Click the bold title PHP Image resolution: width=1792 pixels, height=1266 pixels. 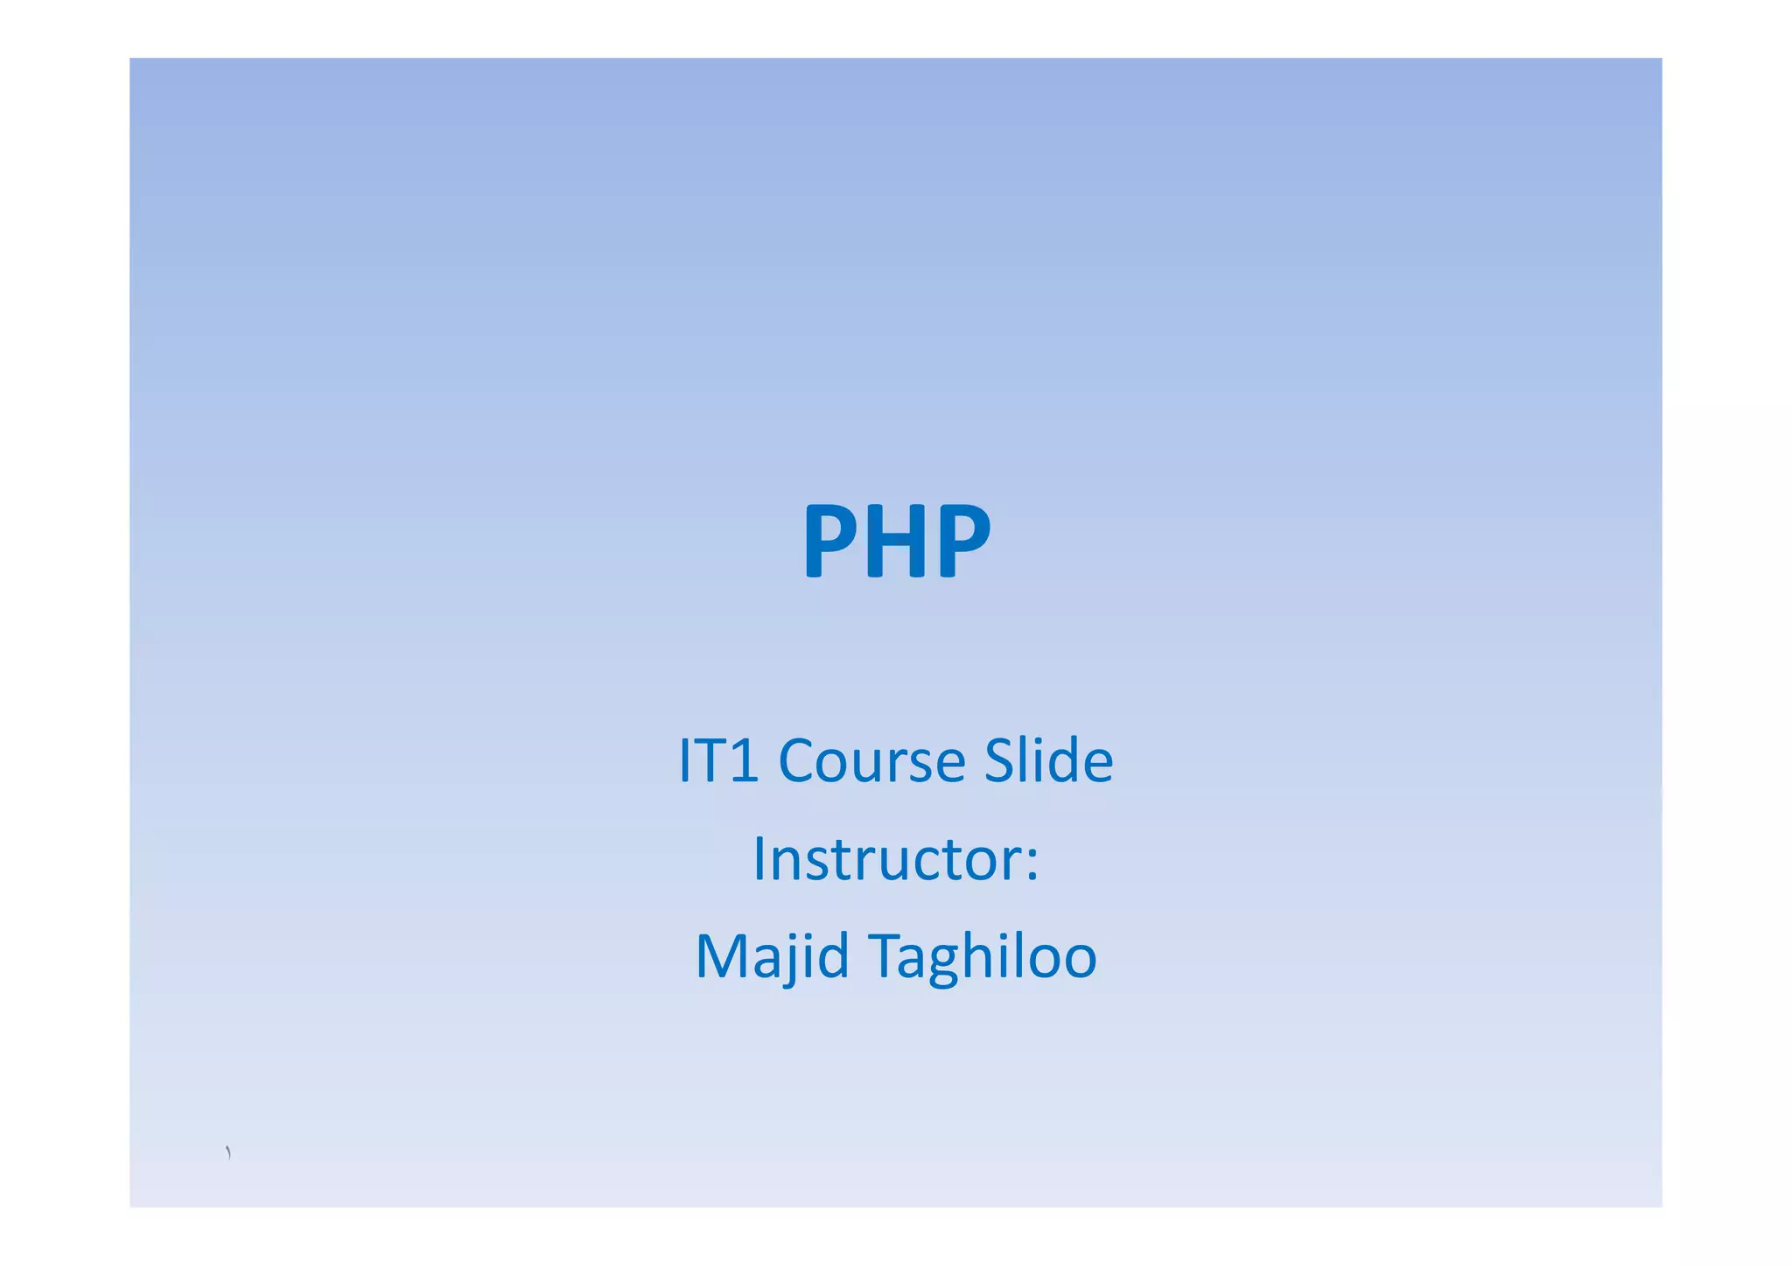point(896,541)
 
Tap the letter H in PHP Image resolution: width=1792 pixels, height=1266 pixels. point(897,541)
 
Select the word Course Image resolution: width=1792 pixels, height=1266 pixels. point(871,760)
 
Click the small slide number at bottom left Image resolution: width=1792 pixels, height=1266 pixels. point(228,1152)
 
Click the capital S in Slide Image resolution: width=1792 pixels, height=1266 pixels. point(999,760)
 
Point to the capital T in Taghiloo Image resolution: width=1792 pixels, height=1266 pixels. point(886,956)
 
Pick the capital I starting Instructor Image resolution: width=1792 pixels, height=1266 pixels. point(759,859)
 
